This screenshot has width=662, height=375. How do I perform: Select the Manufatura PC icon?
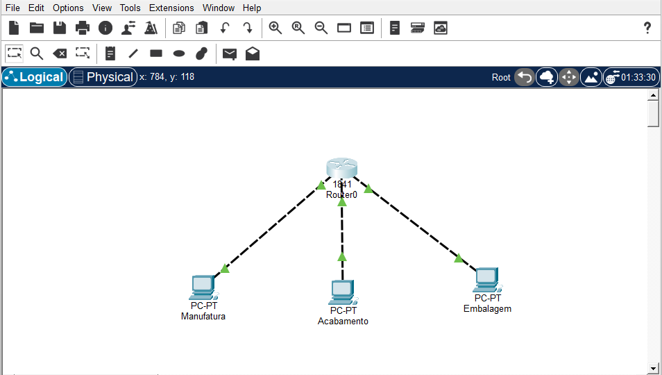point(202,286)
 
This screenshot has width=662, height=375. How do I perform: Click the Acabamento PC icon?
point(342,292)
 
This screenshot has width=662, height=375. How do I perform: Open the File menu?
point(12,8)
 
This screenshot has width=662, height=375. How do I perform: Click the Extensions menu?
point(171,8)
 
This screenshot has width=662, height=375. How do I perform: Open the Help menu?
point(252,8)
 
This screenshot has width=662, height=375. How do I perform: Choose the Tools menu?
point(130,8)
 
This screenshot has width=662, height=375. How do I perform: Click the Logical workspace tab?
point(35,77)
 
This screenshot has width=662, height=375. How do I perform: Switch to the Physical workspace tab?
point(103,77)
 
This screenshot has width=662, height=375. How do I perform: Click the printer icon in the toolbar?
point(83,28)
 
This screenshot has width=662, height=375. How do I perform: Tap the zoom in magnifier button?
point(275,28)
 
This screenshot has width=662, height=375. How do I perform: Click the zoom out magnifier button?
point(321,28)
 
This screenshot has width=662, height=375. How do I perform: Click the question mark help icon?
point(647,28)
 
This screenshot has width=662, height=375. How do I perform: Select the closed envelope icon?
point(229,53)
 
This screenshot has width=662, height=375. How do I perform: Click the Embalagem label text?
point(487,308)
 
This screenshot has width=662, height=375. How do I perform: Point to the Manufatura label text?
point(203,317)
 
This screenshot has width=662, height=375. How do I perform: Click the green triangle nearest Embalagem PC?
point(458,258)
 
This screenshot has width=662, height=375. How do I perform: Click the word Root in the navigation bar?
point(501,77)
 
